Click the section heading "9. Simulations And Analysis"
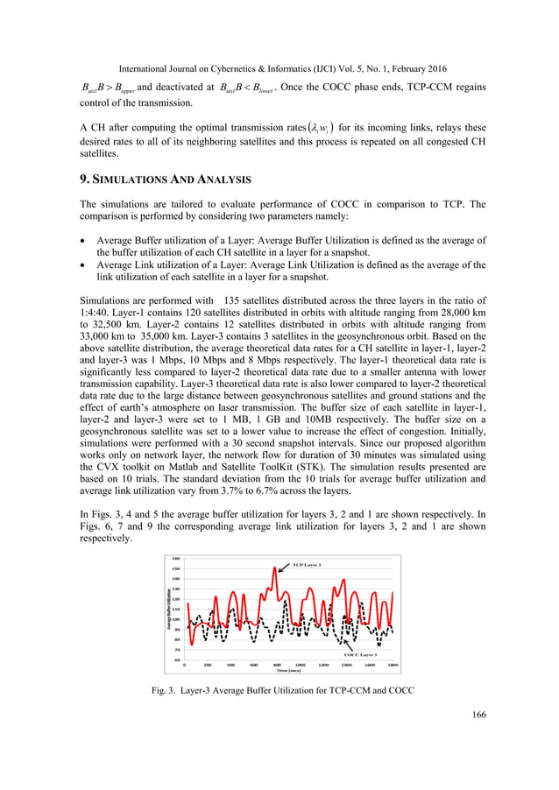165,180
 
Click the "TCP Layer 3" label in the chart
307,565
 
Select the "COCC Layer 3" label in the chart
360,654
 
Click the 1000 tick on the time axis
300,665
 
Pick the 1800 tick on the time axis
393,665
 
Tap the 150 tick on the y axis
176,568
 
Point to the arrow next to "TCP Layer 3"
285,568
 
